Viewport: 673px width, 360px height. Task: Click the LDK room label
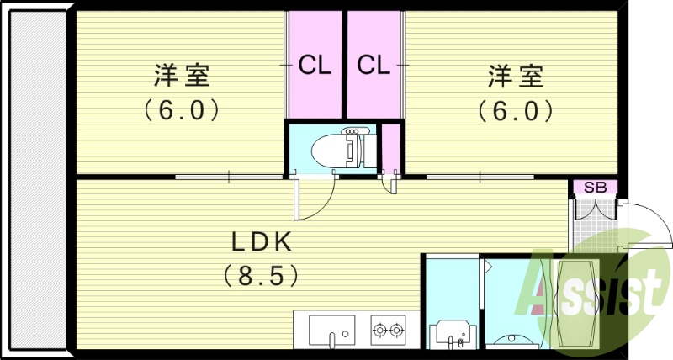pos(262,242)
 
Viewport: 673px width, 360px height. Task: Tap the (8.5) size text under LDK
pos(262,274)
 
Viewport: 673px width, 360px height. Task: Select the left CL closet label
pos(315,65)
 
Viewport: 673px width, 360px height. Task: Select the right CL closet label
pos(374,65)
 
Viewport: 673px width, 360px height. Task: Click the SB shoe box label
pos(596,187)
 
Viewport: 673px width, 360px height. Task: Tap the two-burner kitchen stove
pos(388,328)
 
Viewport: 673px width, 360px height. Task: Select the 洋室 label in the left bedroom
pos(181,76)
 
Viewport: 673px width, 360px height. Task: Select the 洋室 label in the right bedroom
pos(515,76)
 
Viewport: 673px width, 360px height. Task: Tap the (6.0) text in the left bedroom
pos(181,109)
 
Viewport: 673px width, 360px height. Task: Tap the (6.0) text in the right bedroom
pos(515,109)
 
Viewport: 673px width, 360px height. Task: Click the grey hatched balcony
pos(37,181)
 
